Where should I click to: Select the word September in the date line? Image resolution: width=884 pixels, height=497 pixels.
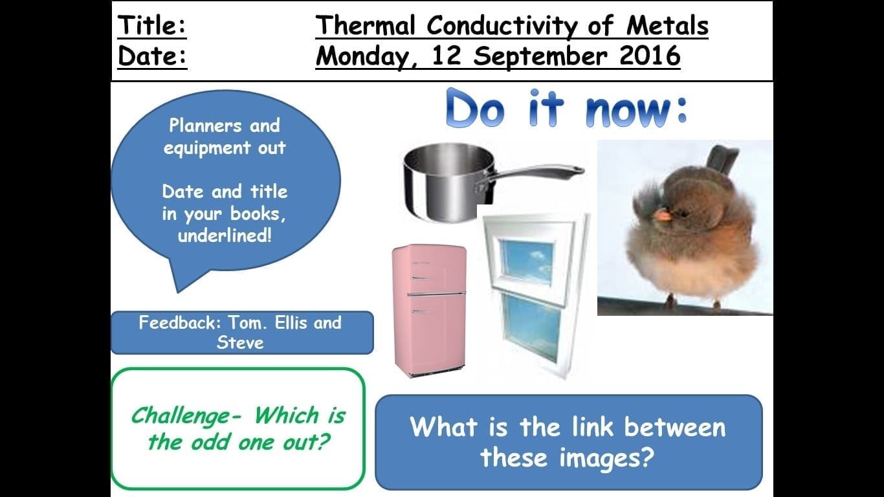tap(540, 56)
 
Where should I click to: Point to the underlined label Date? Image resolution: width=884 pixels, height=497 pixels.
tap(152, 56)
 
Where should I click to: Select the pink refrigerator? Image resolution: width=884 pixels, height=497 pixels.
tap(429, 311)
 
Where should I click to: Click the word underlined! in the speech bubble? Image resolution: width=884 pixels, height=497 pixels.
tap(225, 236)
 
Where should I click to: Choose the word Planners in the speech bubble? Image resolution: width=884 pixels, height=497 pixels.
tap(205, 126)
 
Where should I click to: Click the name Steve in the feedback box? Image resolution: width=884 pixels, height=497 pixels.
tap(240, 342)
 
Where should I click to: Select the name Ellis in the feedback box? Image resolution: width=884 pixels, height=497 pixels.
tap(291, 322)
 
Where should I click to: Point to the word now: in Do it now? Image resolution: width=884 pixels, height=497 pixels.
tap(637, 110)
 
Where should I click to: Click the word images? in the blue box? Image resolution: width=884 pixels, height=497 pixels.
tap(607, 459)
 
